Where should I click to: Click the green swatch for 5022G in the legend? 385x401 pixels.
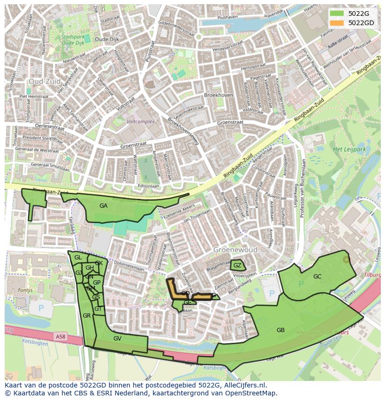pyautogui.click(x=337, y=14)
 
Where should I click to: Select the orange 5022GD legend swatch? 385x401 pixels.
pyautogui.click(x=337, y=23)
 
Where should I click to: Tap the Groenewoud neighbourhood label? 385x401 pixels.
pyautogui.click(x=235, y=250)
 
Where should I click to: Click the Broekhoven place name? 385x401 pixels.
pyautogui.click(x=219, y=95)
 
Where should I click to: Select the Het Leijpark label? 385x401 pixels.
pyautogui.click(x=349, y=150)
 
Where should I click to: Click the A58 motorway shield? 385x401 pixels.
pyautogui.click(x=60, y=336)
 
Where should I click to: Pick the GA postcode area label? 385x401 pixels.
pyautogui.click(x=103, y=205)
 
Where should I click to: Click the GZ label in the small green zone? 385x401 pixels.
pyautogui.click(x=237, y=266)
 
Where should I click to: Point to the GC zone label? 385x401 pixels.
pyautogui.click(x=317, y=277)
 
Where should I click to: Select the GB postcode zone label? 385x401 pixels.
pyautogui.click(x=280, y=330)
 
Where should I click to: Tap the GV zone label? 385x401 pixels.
pyautogui.click(x=117, y=339)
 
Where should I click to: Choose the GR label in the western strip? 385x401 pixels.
pyautogui.click(x=86, y=316)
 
